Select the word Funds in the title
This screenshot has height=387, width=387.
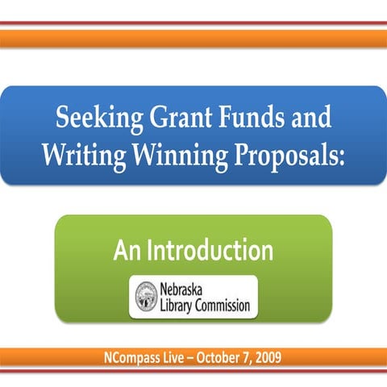pos(244,119)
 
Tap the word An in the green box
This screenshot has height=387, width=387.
pos(127,251)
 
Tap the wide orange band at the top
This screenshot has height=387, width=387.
pos(193,38)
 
